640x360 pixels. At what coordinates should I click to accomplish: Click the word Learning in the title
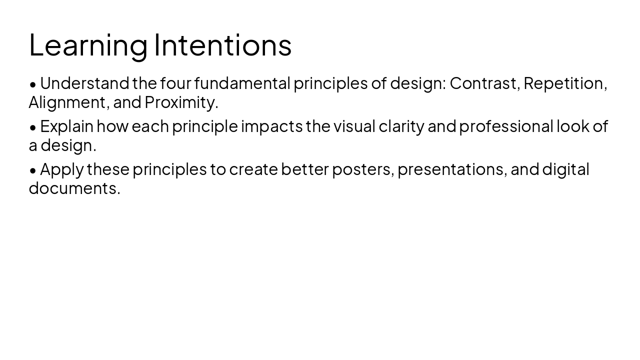88,45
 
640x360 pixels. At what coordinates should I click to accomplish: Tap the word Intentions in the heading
222,45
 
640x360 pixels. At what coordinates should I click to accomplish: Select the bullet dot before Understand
33,84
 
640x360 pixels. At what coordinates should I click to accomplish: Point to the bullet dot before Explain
33,127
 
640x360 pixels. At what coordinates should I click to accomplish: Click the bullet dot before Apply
33,170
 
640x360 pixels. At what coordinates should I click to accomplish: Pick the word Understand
84,83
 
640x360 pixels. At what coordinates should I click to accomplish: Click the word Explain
66,126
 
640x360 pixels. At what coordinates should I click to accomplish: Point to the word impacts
271,126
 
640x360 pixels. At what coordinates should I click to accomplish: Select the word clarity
401,126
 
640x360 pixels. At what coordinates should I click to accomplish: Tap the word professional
506,126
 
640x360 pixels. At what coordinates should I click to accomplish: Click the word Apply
61,169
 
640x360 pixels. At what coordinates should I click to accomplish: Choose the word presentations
452,169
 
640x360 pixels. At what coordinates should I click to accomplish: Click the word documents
74,188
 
